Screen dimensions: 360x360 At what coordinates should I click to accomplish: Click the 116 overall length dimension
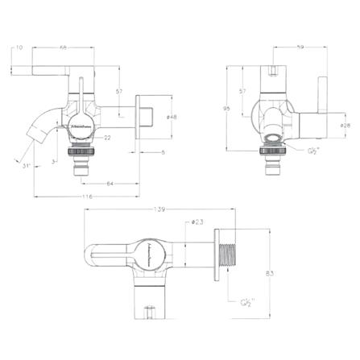tap(86, 197)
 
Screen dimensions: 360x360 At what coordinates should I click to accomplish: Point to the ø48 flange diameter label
tap(172, 118)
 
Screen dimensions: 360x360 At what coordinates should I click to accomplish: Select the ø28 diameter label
tap(345, 125)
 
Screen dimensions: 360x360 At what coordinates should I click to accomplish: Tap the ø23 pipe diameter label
tap(197, 224)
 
